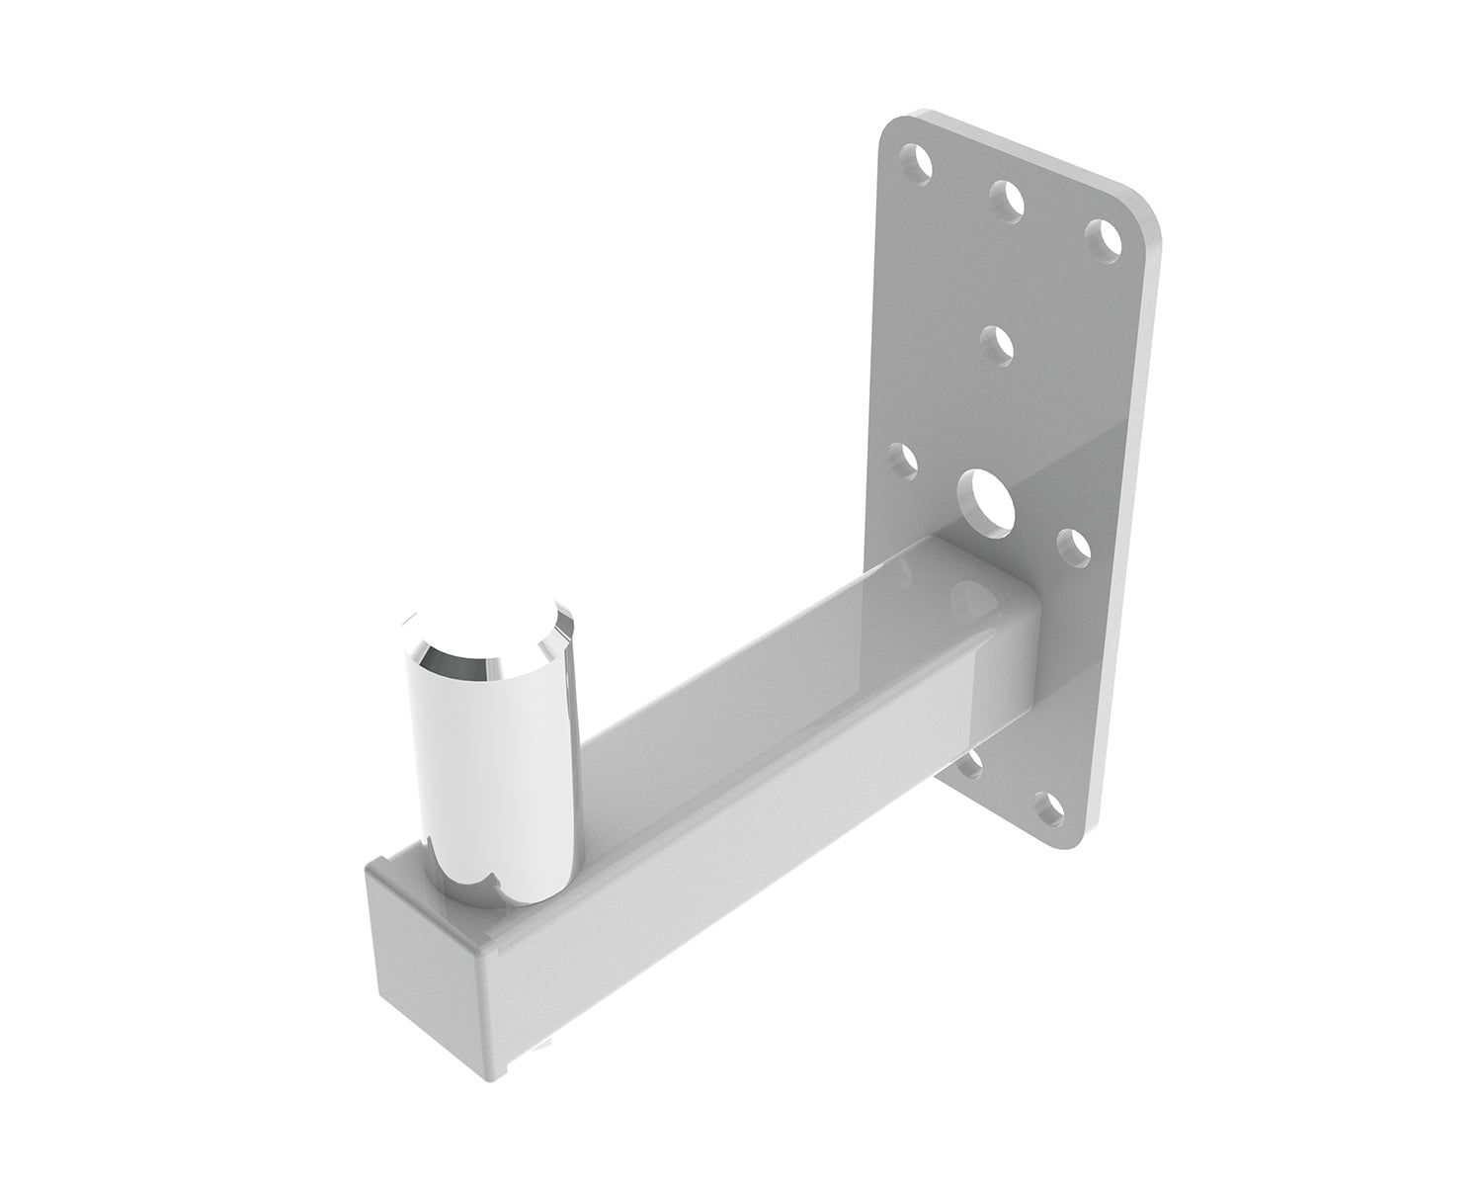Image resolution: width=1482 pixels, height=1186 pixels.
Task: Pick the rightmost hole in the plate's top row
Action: click(1102, 238)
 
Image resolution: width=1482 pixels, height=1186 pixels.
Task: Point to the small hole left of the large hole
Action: click(903, 459)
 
